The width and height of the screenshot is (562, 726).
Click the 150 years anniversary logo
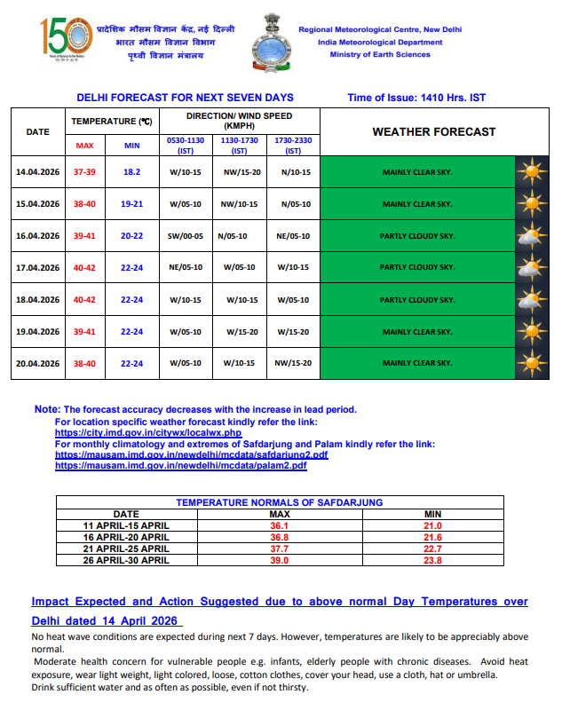[65, 38]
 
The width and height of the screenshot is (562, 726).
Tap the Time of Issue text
[416, 98]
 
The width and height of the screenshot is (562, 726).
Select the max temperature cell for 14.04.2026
[83, 172]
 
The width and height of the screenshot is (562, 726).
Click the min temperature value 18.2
[131, 172]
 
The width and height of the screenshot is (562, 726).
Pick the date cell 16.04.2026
[37, 236]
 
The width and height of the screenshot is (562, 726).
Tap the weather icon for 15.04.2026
[531, 204]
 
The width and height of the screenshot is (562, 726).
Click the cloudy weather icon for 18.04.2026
[531, 300]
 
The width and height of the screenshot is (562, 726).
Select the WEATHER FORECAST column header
[433, 132]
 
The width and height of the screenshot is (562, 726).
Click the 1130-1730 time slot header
[239, 146]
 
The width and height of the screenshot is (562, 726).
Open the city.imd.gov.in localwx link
[148, 432]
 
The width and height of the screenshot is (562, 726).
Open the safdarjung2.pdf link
[191, 454]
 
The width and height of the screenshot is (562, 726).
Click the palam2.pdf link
[181, 465]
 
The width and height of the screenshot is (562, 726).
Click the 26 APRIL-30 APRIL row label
[125, 560]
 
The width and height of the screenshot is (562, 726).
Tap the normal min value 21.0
[432, 525]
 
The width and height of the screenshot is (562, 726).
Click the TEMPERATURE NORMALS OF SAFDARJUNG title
[279, 502]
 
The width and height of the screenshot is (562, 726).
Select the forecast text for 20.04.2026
[416, 363]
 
